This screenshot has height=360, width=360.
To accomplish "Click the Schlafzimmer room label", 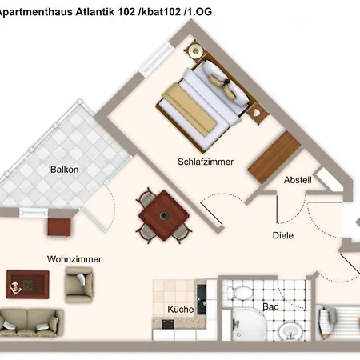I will [x=206, y=162].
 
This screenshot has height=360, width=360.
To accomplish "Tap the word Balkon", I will [x=64, y=170].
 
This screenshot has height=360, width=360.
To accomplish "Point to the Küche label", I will [x=180, y=310].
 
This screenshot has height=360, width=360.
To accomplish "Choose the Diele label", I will [x=282, y=235].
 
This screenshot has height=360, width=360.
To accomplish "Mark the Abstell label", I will [x=298, y=181].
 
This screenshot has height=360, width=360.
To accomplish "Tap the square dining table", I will [x=165, y=214].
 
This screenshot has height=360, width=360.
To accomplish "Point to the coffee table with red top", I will [x=26, y=282].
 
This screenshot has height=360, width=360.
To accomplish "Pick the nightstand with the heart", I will [x=256, y=114].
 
